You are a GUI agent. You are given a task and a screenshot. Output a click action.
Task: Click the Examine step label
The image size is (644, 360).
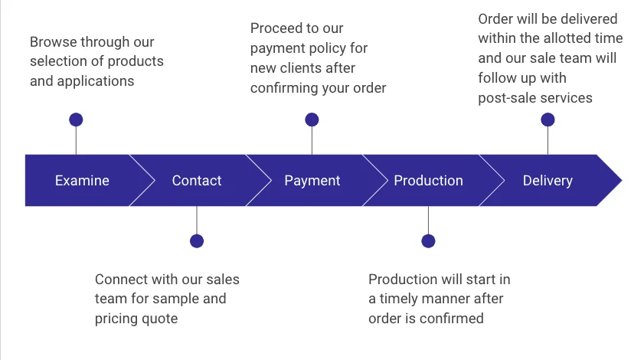pyautogui.click(x=82, y=181)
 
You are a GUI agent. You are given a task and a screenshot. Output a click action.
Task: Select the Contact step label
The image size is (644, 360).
pyautogui.click(x=197, y=181)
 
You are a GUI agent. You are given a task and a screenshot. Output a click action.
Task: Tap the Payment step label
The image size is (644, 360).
pyautogui.click(x=312, y=181)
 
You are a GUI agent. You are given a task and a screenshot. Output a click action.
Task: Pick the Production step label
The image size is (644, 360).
pyautogui.click(x=428, y=181)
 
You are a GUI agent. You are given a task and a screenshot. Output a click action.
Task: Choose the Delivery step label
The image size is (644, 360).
pyautogui.click(x=548, y=181)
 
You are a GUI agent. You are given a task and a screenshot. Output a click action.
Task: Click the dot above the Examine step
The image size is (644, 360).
pyautogui.click(x=76, y=119)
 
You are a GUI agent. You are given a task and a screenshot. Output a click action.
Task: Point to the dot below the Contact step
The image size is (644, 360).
pyautogui.click(x=197, y=241)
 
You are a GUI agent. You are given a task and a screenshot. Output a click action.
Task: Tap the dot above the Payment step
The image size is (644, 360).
pyautogui.click(x=312, y=119)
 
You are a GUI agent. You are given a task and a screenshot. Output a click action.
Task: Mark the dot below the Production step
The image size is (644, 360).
pyautogui.click(x=428, y=241)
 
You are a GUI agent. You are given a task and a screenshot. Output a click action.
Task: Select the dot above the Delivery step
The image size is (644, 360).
pyautogui.click(x=548, y=119)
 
